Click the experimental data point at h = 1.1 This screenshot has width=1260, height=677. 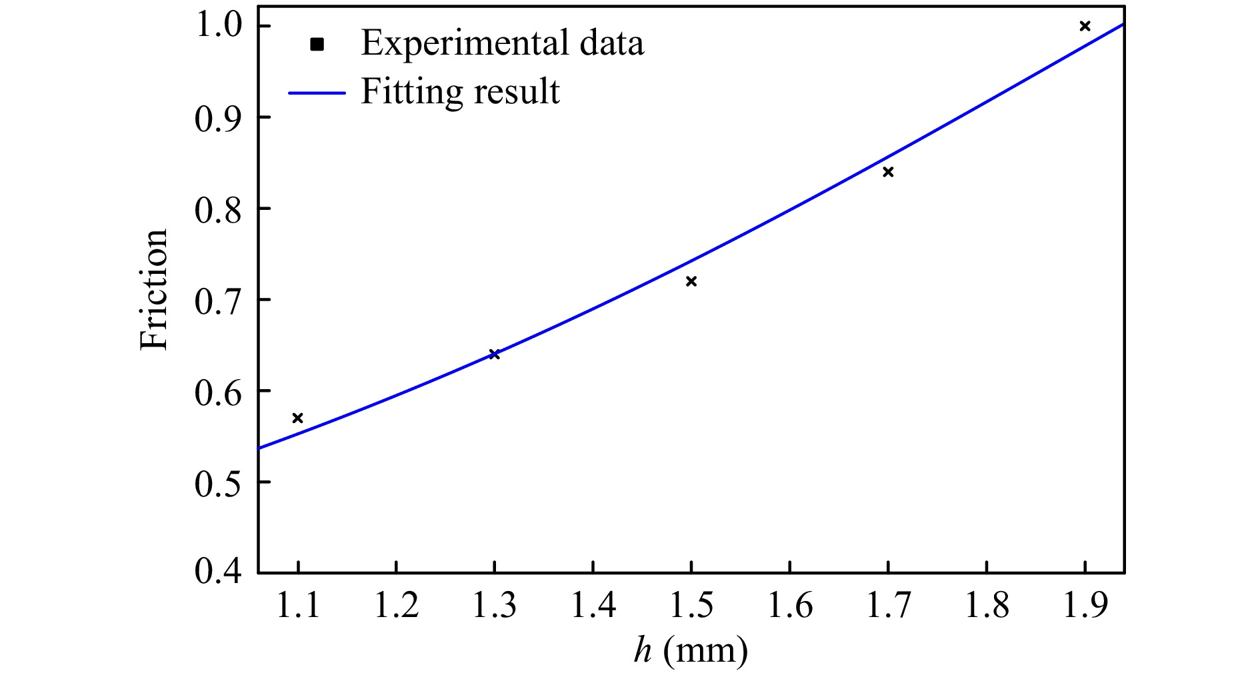(x=298, y=418)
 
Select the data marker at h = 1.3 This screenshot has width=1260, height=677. (x=494, y=354)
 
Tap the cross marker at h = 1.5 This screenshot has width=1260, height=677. (x=691, y=281)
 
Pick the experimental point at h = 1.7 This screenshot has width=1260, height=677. (x=888, y=172)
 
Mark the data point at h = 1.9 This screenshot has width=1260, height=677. (x=1085, y=26)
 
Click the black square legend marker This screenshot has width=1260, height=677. (x=317, y=45)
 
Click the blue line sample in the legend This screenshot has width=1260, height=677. (x=317, y=93)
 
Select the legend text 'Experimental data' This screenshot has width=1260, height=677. (x=502, y=43)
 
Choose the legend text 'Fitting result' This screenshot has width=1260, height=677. (x=460, y=91)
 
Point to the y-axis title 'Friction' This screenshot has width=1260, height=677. (x=154, y=289)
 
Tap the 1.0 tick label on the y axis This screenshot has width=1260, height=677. (x=217, y=26)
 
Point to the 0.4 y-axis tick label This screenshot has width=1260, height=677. (x=217, y=572)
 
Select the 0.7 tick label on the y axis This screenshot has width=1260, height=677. (x=217, y=300)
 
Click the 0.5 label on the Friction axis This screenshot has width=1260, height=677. (x=217, y=482)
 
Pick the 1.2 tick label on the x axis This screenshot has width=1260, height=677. (x=396, y=605)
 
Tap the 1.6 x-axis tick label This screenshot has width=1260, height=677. (x=790, y=605)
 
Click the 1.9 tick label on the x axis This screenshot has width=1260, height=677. (x=1085, y=605)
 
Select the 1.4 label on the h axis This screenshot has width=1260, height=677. (x=593, y=605)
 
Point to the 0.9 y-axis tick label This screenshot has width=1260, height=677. (x=217, y=118)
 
